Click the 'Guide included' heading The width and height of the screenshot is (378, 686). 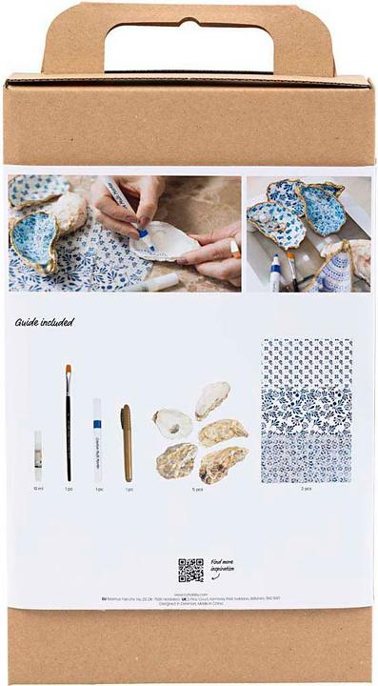(x=44, y=322)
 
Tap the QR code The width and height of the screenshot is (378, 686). (x=190, y=570)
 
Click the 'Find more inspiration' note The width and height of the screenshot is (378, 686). (x=222, y=569)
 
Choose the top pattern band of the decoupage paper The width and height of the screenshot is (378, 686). (x=307, y=362)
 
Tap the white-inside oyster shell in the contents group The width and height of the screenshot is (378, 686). (x=171, y=422)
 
